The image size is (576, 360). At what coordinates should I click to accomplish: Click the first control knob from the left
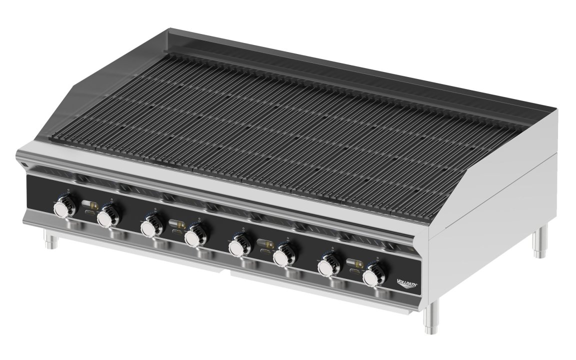click(x=64, y=207)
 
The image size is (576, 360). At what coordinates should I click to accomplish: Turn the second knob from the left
click(x=106, y=217)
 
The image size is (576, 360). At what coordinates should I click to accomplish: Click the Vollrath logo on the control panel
click(x=406, y=283)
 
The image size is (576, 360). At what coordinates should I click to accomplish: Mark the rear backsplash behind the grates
click(x=350, y=65)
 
